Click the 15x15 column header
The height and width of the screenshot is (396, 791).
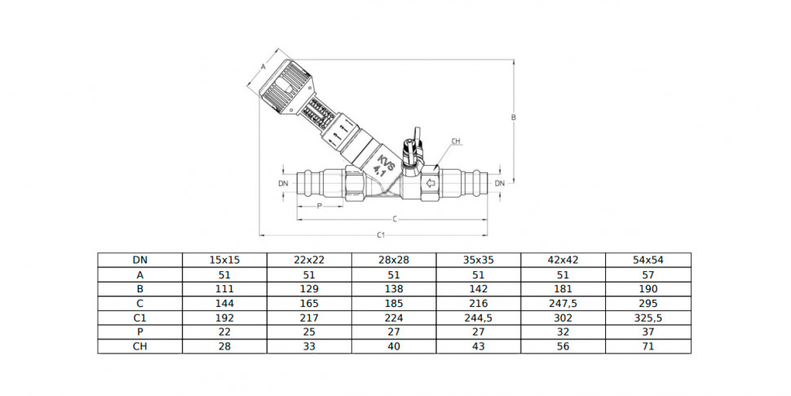coord(224,260)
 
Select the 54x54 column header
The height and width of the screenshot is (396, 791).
coord(648,260)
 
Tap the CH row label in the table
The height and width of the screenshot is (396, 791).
coord(140,347)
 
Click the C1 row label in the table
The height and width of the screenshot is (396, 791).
coord(140,318)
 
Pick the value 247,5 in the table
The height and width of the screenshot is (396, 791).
coord(563,304)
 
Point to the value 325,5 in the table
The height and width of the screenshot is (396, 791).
coord(648,318)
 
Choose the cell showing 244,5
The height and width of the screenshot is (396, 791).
coord(479,318)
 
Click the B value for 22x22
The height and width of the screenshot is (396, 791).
coord(309,289)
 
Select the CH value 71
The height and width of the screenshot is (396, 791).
coord(648,347)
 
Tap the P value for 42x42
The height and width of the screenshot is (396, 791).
coord(563,332)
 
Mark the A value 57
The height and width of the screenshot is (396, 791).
coord(648,275)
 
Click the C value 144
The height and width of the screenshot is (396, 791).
coord(224,304)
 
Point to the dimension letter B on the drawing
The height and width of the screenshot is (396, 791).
coord(514,118)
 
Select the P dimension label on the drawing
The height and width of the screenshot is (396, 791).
coord(319,206)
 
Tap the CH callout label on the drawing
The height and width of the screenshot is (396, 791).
coord(456,141)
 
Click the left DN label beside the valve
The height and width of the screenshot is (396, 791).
coord(283,184)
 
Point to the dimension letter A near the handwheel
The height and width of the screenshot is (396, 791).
coord(263,66)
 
